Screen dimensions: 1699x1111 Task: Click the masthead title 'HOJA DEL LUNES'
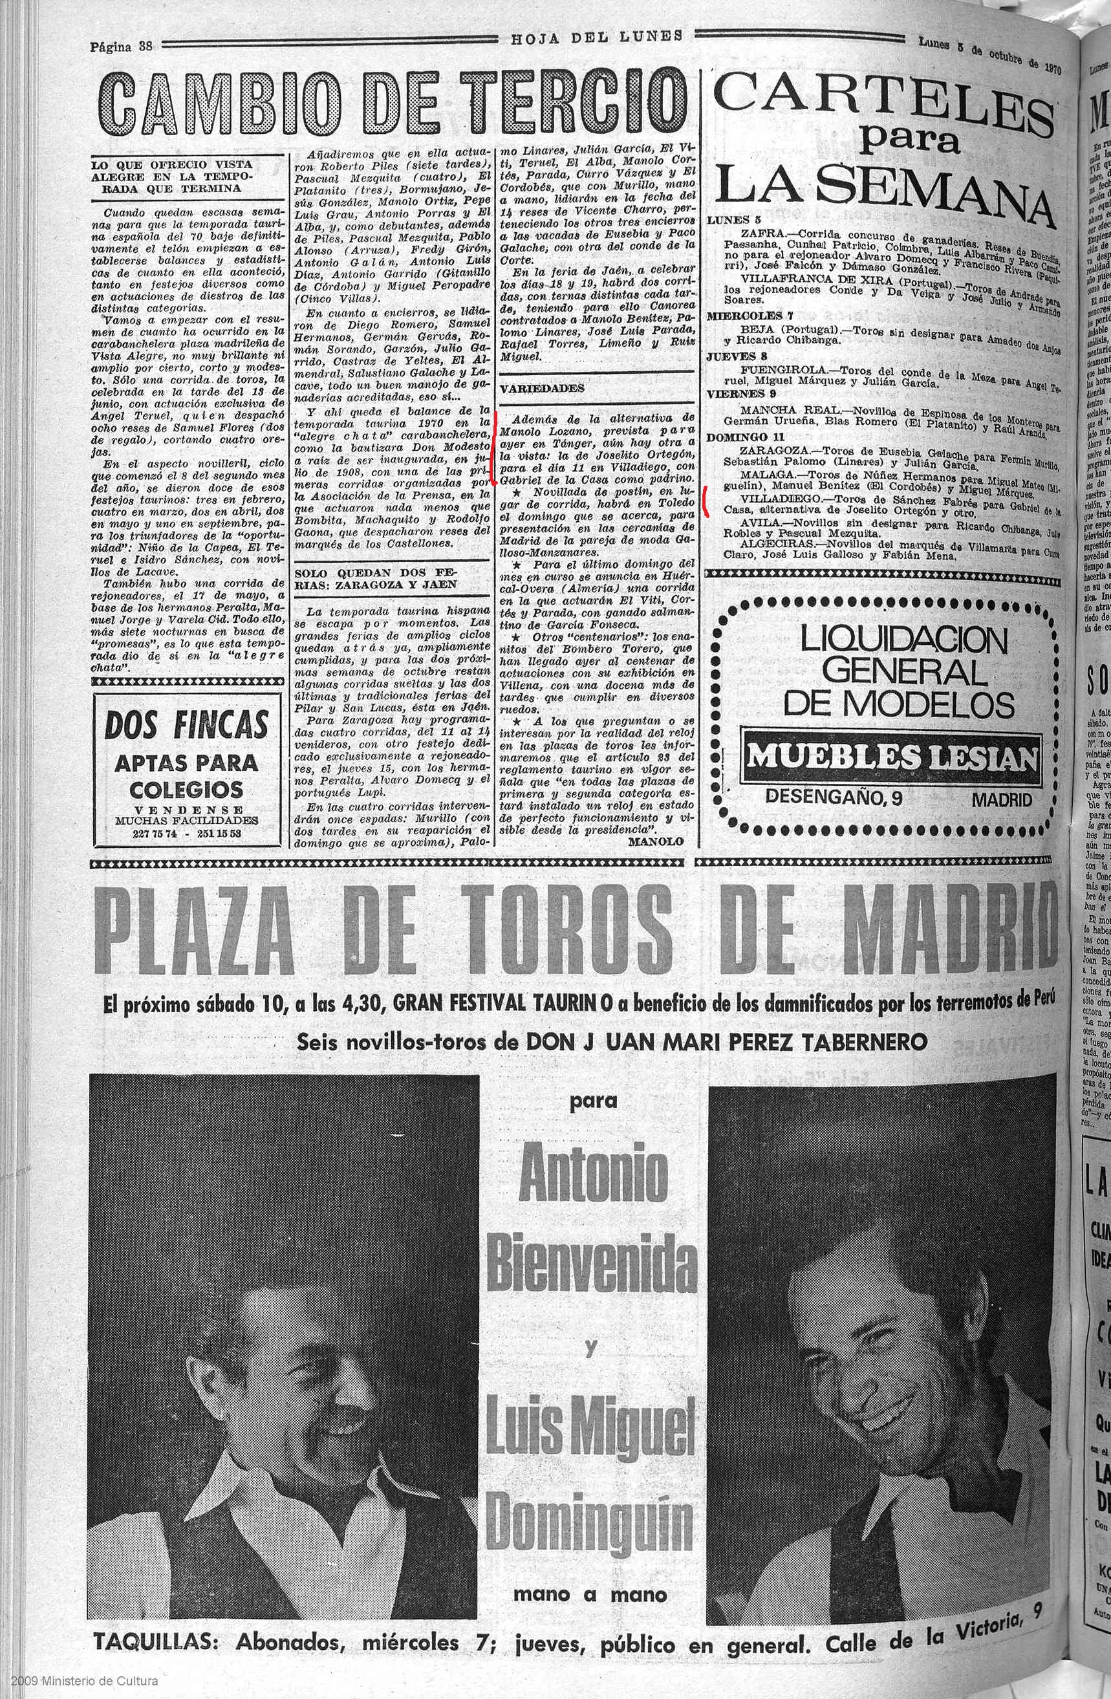click(x=596, y=36)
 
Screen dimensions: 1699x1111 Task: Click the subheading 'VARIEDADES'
click(x=541, y=388)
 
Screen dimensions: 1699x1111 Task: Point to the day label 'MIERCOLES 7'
click(x=742, y=316)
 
